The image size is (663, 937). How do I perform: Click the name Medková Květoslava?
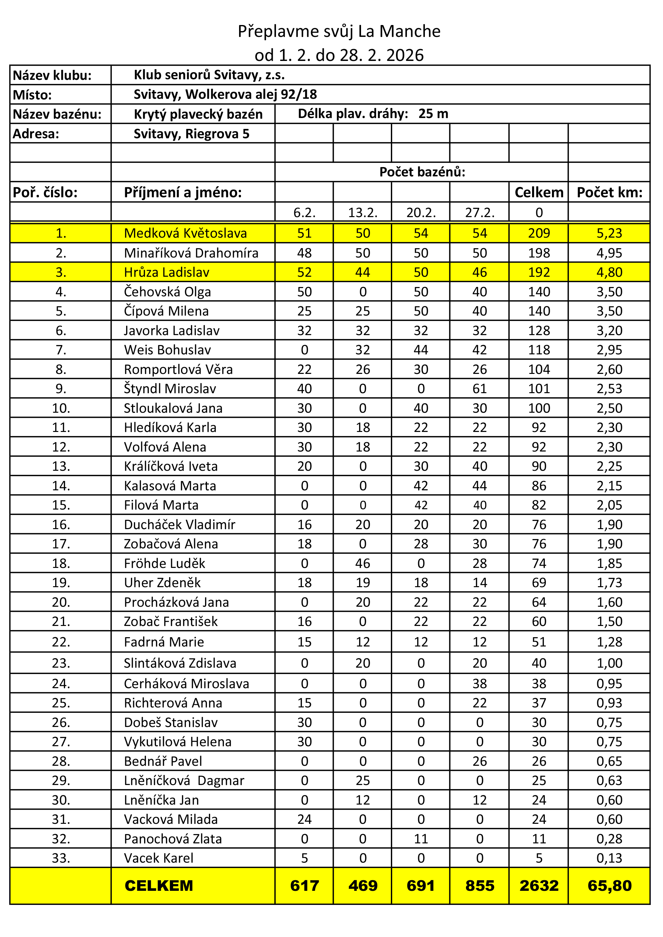(x=185, y=233)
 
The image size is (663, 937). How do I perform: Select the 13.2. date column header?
(x=362, y=213)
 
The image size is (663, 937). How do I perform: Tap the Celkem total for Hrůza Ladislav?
(x=539, y=272)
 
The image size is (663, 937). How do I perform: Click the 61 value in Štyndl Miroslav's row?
(x=479, y=389)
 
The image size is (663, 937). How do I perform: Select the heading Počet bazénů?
(x=422, y=172)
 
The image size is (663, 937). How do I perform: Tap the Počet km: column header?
(x=609, y=192)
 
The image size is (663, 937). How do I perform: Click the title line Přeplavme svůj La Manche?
(x=339, y=31)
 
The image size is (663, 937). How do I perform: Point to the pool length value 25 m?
(x=433, y=114)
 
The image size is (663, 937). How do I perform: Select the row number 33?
(x=61, y=858)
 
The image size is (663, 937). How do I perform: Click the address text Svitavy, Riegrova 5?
(x=192, y=134)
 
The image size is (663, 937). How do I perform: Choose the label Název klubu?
(x=52, y=75)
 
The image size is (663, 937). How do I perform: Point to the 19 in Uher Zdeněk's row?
(x=362, y=582)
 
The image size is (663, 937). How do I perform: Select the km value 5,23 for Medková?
(x=609, y=233)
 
